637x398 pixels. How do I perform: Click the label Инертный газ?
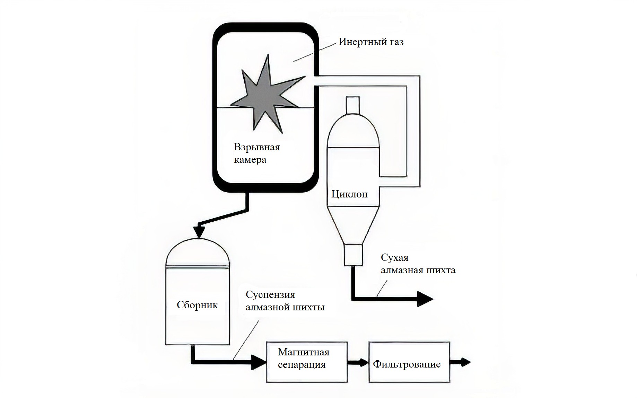pyautogui.click(x=371, y=42)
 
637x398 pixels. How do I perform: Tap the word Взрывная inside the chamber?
pyautogui.click(x=256, y=147)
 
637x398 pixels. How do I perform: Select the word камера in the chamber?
pyautogui.click(x=250, y=160)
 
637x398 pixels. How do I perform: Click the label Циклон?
pyautogui.click(x=349, y=194)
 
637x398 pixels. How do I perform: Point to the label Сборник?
pyautogui.click(x=197, y=305)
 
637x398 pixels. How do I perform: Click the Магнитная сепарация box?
pyautogui.click(x=307, y=362)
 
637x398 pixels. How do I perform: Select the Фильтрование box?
pyautogui.click(x=409, y=362)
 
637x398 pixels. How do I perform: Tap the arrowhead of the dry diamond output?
pyautogui.click(x=425, y=299)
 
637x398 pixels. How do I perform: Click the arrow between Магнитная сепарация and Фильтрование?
pyautogui.click(x=358, y=363)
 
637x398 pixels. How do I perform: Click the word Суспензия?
pyautogui.click(x=270, y=295)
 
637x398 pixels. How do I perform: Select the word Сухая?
pyautogui.click(x=394, y=258)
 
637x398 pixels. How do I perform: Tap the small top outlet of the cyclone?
pyautogui.click(x=353, y=105)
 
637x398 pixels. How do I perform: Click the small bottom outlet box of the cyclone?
pyautogui.click(x=353, y=255)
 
